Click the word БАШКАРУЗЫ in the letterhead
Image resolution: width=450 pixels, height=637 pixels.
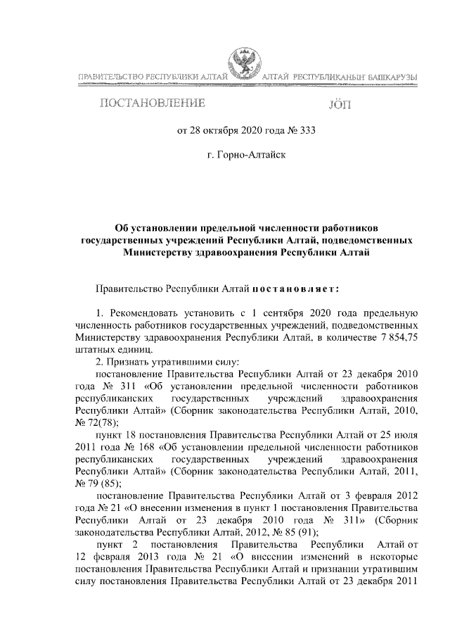[x=390, y=75]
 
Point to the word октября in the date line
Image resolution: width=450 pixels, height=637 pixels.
[x=224, y=130]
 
